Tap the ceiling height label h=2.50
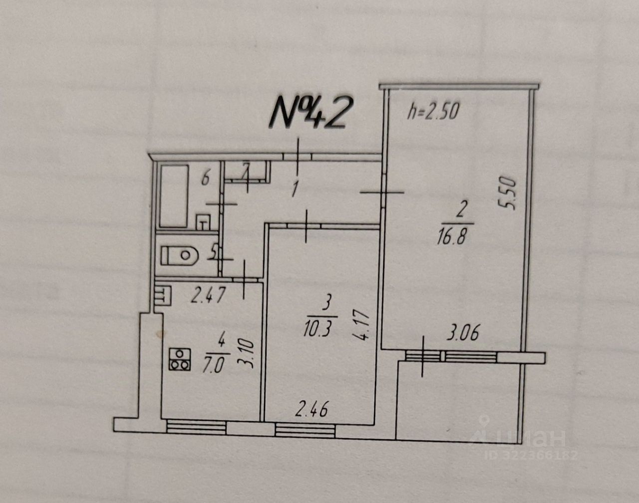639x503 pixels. pos(432,112)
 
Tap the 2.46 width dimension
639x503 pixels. pos(312,412)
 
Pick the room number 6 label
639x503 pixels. pos(205,178)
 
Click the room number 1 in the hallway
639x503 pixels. pos(295,189)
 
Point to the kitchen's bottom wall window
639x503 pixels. pos(196,427)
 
